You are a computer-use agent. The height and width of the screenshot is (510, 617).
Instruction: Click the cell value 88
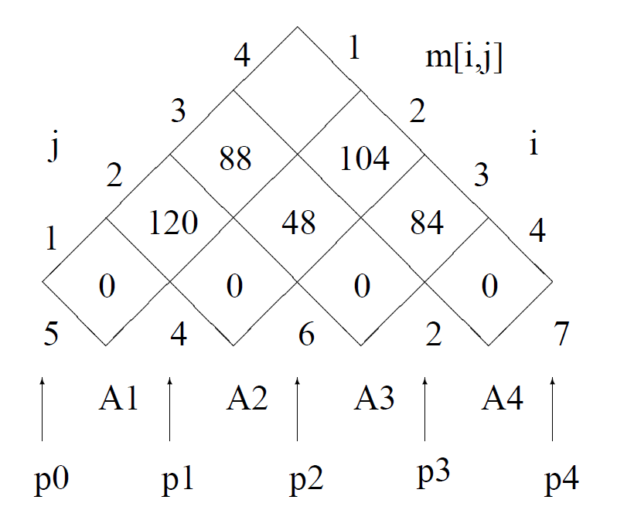pos(235,159)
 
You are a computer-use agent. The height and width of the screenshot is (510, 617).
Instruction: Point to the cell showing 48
pos(299,223)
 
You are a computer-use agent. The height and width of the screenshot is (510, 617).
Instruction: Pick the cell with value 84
pos(427,223)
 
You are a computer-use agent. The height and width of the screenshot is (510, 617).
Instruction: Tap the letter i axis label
pos(533,145)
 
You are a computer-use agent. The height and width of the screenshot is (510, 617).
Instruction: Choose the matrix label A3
pos(374,399)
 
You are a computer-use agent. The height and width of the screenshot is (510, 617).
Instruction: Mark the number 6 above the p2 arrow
pos(306,336)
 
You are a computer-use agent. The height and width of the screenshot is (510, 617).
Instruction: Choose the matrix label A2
pos(247,399)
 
